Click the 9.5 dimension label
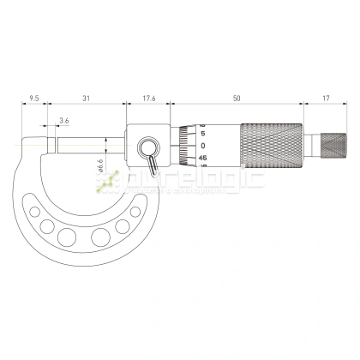click(x=34, y=99)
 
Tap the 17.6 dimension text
click(x=145, y=99)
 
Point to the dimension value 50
click(x=237, y=99)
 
